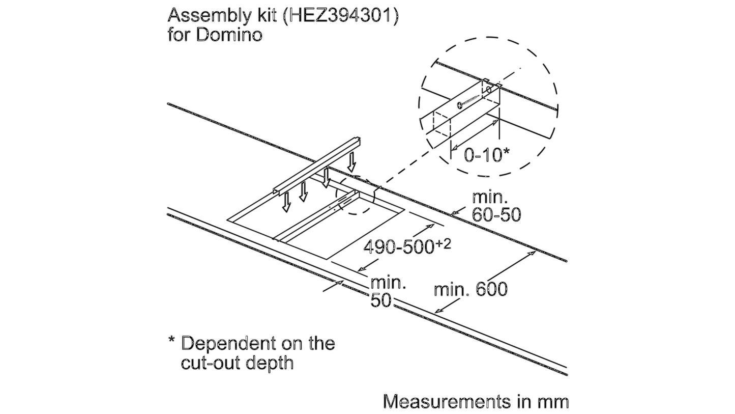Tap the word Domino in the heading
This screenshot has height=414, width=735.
(x=230, y=35)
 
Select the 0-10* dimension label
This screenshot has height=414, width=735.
(x=487, y=155)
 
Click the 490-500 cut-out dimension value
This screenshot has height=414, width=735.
(x=399, y=246)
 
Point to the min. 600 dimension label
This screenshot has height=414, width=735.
(x=471, y=290)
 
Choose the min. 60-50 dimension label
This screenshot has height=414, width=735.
(x=496, y=206)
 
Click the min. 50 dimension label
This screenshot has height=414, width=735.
(x=388, y=292)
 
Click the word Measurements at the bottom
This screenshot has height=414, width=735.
(x=446, y=401)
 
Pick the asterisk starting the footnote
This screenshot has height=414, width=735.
(x=171, y=340)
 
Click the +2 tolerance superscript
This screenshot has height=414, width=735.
(x=444, y=243)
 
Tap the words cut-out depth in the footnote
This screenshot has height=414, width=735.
(x=237, y=363)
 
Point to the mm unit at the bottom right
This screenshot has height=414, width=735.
(x=552, y=402)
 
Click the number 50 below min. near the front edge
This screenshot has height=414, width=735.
(x=381, y=300)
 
